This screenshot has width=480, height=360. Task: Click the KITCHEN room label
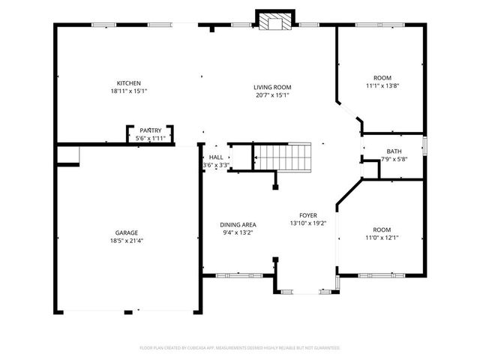click(x=128, y=83)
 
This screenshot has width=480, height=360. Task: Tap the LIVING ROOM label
click(x=271, y=88)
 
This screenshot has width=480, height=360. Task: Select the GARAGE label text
click(x=126, y=232)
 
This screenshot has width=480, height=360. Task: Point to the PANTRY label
click(x=150, y=131)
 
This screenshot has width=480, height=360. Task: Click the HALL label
click(x=215, y=157)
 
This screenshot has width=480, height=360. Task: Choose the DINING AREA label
click(x=238, y=225)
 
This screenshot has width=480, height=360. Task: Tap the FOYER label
click(x=309, y=215)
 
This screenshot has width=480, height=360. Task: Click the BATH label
click(x=394, y=151)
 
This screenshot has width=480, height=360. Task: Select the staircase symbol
click(x=281, y=157)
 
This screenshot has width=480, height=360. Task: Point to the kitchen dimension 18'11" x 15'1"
click(x=128, y=91)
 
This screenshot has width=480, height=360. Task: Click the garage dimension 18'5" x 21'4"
click(x=126, y=240)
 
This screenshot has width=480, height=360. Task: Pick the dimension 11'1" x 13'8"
click(x=382, y=85)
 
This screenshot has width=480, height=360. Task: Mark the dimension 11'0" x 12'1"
click(x=382, y=238)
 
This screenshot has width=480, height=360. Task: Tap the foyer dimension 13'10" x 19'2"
click(x=309, y=223)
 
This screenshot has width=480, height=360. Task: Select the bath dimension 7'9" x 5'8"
click(x=394, y=159)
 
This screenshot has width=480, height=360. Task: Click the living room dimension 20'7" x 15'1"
click(x=271, y=95)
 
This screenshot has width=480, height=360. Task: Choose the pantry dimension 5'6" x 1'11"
click(x=150, y=139)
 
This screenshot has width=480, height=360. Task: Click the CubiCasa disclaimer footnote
click(x=240, y=348)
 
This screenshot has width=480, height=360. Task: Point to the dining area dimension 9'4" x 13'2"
click(x=238, y=232)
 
